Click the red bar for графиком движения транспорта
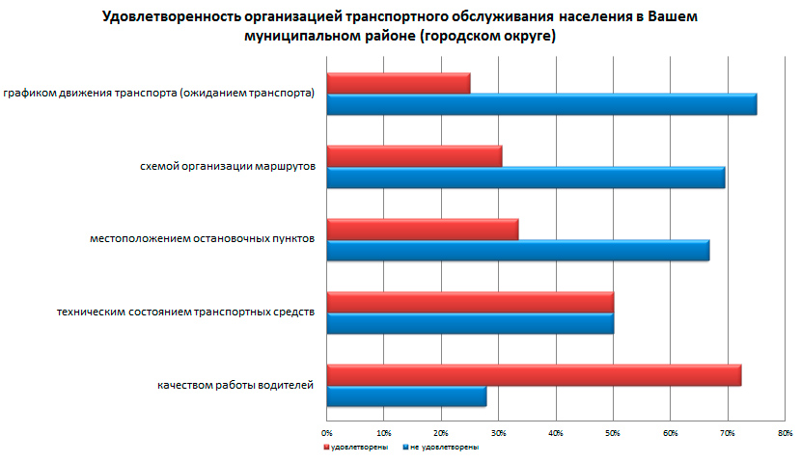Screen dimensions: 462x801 [399, 84]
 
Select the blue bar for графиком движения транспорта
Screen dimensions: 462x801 [541, 104]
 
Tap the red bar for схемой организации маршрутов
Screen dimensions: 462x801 [414, 156]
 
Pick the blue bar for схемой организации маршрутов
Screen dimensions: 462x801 [526, 177]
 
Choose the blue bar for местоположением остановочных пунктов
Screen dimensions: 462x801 [518, 250]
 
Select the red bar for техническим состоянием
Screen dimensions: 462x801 [470, 302]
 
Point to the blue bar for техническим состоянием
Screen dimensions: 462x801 [470, 322]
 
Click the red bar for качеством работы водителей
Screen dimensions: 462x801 [534, 375]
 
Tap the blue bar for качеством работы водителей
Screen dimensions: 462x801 [406, 395]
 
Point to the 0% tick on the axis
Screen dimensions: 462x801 [327, 433]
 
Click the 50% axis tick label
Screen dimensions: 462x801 [613, 433]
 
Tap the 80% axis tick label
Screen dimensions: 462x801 [785, 433]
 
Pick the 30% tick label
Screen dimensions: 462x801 [499, 433]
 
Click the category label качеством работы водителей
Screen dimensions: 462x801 [235, 386]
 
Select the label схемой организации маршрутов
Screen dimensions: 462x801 [227, 167]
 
